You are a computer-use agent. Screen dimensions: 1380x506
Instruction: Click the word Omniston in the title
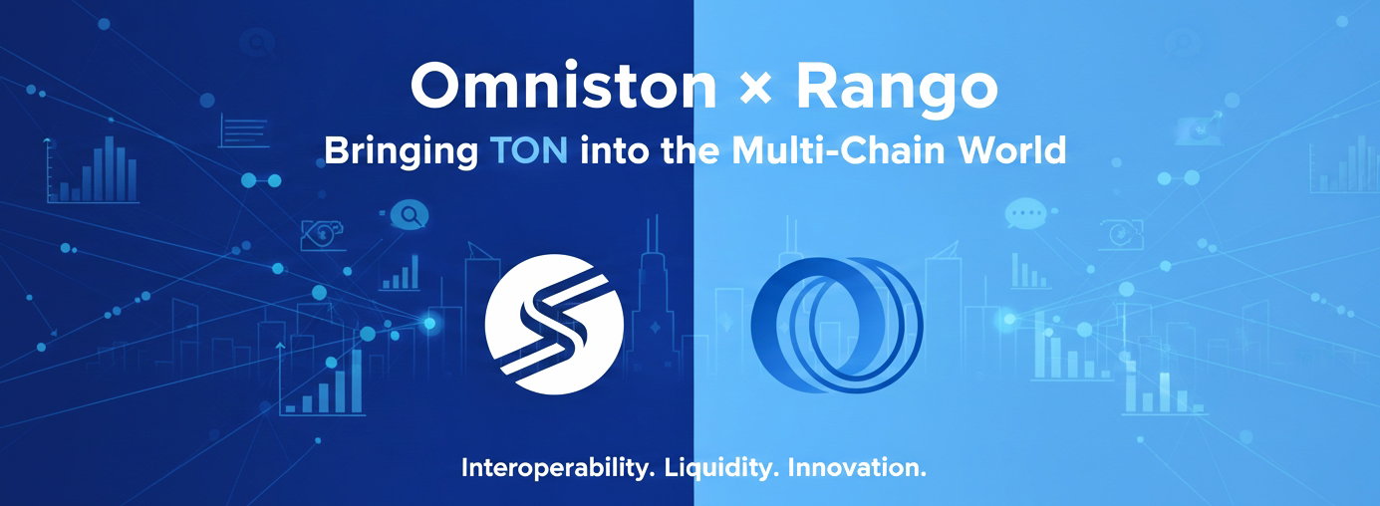tap(563, 86)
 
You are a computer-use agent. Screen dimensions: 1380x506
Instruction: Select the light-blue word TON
tap(529, 150)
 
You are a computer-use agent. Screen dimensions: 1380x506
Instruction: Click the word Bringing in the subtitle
tap(402, 151)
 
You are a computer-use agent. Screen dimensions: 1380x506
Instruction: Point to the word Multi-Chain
tap(839, 150)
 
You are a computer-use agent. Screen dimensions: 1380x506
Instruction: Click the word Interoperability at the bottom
tap(558, 468)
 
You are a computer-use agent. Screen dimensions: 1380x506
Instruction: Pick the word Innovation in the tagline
tap(857, 468)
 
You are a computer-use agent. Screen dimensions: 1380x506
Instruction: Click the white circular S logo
tap(554, 325)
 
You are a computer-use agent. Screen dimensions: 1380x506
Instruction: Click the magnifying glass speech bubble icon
tap(409, 215)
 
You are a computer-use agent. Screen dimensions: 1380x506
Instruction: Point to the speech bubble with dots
tap(1025, 214)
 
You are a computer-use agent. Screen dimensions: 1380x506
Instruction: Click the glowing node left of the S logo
tap(429, 323)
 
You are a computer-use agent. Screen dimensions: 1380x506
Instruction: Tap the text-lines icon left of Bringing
tap(244, 130)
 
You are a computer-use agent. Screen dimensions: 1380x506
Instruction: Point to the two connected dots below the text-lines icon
tap(261, 180)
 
